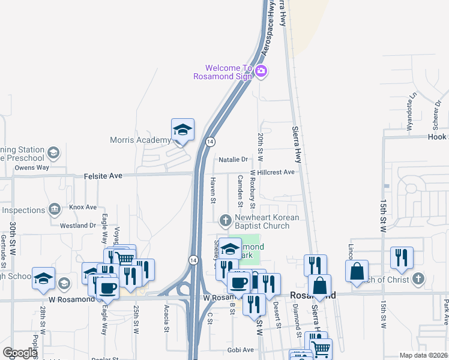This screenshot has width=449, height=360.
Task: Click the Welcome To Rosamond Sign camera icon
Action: [261, 72]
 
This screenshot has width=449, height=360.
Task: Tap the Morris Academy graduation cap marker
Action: [182, 130]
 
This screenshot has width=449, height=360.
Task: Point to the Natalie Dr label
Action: [234, 160]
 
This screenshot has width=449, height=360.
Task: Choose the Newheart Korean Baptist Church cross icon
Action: [226, 221]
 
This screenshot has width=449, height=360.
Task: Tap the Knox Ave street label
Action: [83, 207]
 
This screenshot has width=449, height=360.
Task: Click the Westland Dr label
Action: [78, 226]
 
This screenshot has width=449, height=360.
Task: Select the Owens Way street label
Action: [32, 168]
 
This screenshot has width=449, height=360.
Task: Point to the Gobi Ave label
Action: [241, 350]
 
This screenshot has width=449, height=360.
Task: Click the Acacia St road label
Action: [166, 317]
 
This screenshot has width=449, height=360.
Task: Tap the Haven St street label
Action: [213, 190]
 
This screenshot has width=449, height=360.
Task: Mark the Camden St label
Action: [240, 187]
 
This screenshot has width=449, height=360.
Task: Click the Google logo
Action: [20, 353]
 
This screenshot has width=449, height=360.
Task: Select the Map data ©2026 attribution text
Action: [423, 355]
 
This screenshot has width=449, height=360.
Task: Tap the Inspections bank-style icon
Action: [54, 209]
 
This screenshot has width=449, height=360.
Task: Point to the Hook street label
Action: [437, 137]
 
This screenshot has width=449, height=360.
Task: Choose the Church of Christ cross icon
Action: [419, 279]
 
